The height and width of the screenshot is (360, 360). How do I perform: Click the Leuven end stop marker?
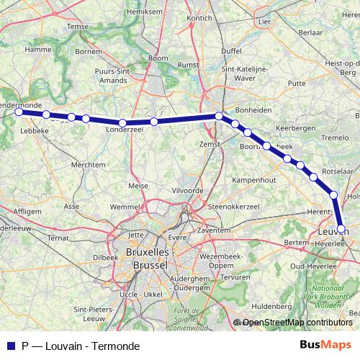[x=341, y=230]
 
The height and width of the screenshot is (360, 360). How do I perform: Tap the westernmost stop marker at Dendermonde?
[x=19, y=112]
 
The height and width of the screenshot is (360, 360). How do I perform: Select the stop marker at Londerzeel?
[x=123, y=123]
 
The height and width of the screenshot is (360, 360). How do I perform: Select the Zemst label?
[x=209, y=144]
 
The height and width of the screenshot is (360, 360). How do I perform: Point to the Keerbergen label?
[x=294, y=127]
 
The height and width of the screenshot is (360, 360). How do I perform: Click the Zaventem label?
[x=213, y=230]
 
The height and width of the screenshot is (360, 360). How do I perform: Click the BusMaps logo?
[x=325, y=346]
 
